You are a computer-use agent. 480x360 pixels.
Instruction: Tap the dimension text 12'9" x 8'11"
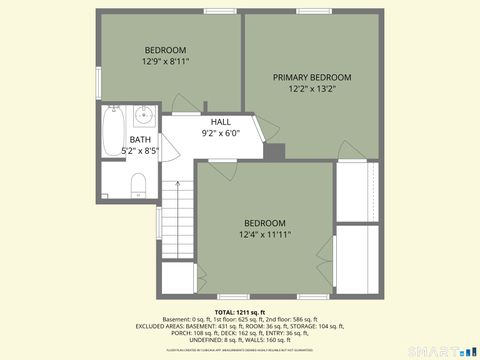pyautogui.click(x=166, y=61)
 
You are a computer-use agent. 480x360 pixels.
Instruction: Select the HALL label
pyautogui.click(x=220, y=121)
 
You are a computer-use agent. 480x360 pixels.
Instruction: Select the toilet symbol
pyautogui.click(x=139, y=183)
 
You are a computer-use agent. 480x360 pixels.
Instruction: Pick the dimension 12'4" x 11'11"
pyautogui.click(x=264, y=235)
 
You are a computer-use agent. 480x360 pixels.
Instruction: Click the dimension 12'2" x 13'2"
pyautogui.click(x=312, y=88)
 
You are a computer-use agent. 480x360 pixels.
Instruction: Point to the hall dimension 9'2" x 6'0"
pyautogui.click(x=220, y=132)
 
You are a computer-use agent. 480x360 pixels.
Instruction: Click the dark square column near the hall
pyautogui.click(x=275, y=152)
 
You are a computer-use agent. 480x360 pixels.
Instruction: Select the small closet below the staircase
pyautogui.click(x=178, y=277)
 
